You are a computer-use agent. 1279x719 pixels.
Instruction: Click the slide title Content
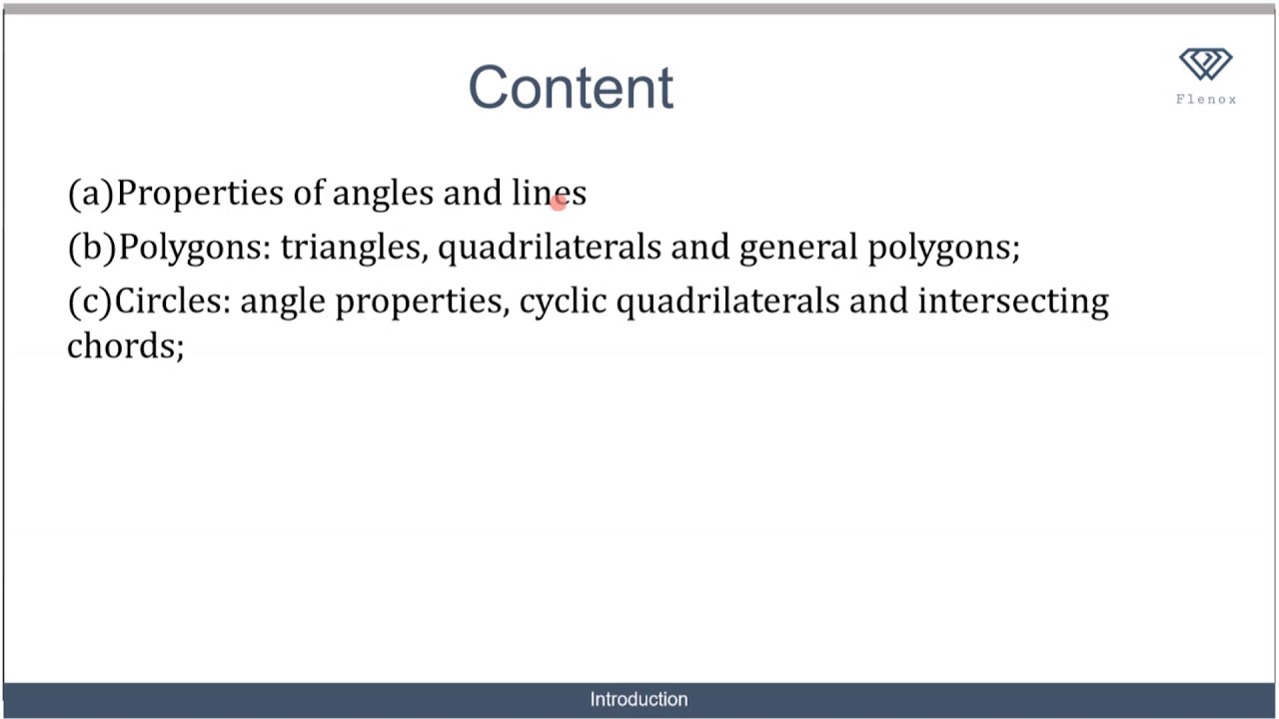tap(571, 88)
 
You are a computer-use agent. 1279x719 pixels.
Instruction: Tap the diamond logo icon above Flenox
tap(1206, 65)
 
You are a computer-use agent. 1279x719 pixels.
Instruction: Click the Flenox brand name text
tap(1206, 99)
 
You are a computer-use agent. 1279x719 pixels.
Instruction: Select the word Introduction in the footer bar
tap(639, 699)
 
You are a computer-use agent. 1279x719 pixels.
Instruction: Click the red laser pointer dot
tap(559, 201)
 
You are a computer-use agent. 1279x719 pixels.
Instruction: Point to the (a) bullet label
tap(91, 193)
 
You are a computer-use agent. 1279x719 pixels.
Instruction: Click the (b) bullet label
tap(92, 247)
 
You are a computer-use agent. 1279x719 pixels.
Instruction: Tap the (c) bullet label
tap(90, 301)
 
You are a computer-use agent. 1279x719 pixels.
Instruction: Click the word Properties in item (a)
tap(200, 193)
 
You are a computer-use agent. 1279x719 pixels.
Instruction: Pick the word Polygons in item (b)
tap(193, 248)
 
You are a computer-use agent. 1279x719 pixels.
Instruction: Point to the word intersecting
tap(1013, 302)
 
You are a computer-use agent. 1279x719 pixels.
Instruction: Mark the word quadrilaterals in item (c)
tap(727, 302)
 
